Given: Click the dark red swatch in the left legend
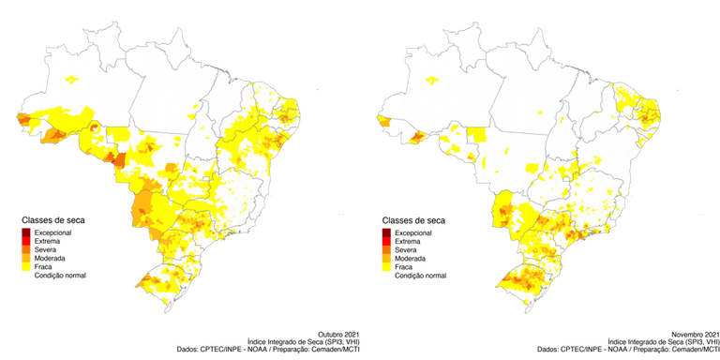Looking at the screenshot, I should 27,232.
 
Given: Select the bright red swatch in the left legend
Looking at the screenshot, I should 27,241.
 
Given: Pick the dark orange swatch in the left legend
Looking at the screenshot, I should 27,248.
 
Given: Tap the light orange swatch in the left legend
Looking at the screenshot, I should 27,256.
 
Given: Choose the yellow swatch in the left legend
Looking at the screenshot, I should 27,264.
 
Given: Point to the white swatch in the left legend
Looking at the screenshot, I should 27,275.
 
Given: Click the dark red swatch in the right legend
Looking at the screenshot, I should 386,232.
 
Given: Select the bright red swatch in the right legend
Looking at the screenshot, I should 386,241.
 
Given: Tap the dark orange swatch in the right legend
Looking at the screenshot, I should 386,248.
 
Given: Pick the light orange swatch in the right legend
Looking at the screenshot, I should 386,256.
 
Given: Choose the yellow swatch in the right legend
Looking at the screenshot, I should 386,264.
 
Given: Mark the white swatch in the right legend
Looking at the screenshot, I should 386,275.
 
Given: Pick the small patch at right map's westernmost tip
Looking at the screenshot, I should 381,119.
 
